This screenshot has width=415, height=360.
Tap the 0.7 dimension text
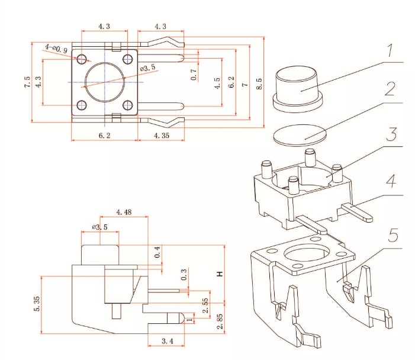[194, 74]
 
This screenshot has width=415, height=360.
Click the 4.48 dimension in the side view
[123, 212]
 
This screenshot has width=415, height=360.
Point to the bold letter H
[219, 274]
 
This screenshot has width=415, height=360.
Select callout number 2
[388, 91]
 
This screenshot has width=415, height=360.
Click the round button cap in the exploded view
[298, 87]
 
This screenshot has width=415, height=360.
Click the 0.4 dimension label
[157, 252]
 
